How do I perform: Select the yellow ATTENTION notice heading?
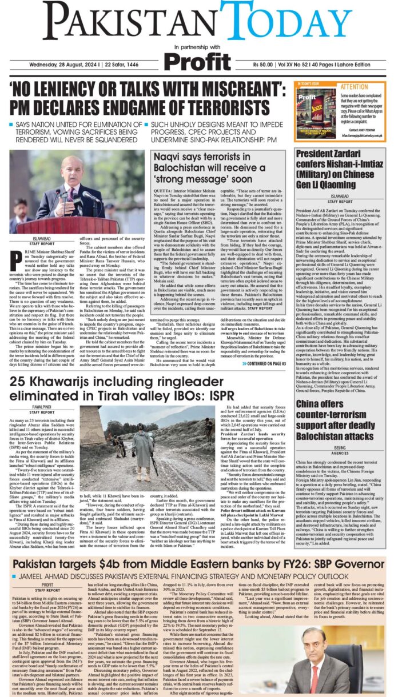tap(354, 87)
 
